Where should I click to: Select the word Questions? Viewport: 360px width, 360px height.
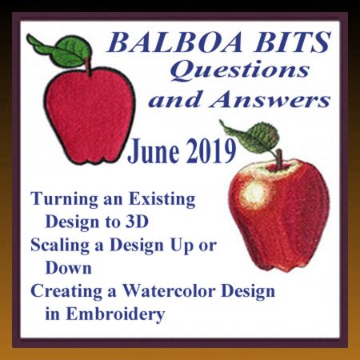coord(240,70)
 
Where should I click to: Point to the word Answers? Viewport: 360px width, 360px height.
coord(270,99)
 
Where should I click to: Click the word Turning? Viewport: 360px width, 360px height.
coord(64,200)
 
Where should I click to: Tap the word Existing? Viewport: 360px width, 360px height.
coord(162,200)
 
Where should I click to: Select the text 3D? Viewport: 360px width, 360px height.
coord(137,222)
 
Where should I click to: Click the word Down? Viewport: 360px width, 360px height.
coord(69,267)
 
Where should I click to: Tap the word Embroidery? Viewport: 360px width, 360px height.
coord(115,315)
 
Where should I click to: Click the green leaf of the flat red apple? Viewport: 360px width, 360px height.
coord(61,51)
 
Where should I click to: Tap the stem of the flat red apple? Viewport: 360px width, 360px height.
coord(88,66)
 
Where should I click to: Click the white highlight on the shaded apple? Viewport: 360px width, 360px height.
coord(254,193)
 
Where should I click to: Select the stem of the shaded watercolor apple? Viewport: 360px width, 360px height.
coord(279,159)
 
